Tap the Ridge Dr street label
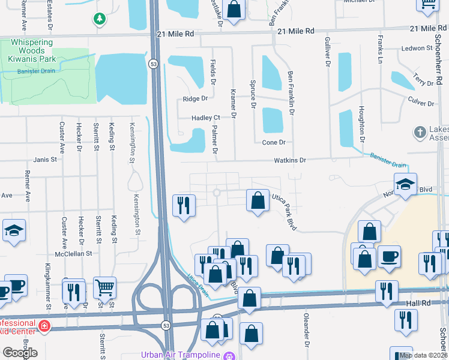[x=195, y=98]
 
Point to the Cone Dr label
[x=274, y=142]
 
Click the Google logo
[x=20, y=352]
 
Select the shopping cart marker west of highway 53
[x=104, y=287]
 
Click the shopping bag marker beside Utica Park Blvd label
[x=258, y=201]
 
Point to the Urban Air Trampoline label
[x=180, y=355]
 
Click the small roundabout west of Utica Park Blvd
[x=217, y=193]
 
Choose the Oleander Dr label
[x=306, y=336]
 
